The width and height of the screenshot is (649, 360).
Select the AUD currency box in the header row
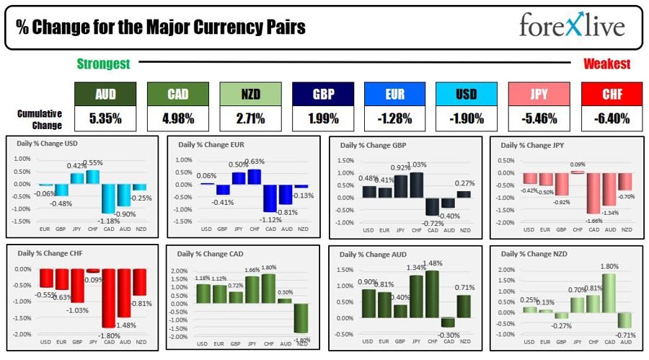[x=105, y=93]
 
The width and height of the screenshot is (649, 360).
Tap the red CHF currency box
[x=611, y=93]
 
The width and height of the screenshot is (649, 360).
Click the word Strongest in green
[x=104, y=64]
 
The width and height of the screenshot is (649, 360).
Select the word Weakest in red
[x=606, y=64]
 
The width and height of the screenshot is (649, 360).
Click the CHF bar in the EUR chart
[x=254, y=177]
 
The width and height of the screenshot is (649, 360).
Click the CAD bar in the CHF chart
[x=109, y=298]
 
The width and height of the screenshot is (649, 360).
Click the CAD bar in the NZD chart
[x=609, y=292]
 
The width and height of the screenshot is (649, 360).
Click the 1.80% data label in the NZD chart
[x=609, y=267]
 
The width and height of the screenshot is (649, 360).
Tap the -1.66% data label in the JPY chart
[x=593, y=219]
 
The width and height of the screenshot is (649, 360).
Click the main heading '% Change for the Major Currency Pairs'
[x=162, y=27]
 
